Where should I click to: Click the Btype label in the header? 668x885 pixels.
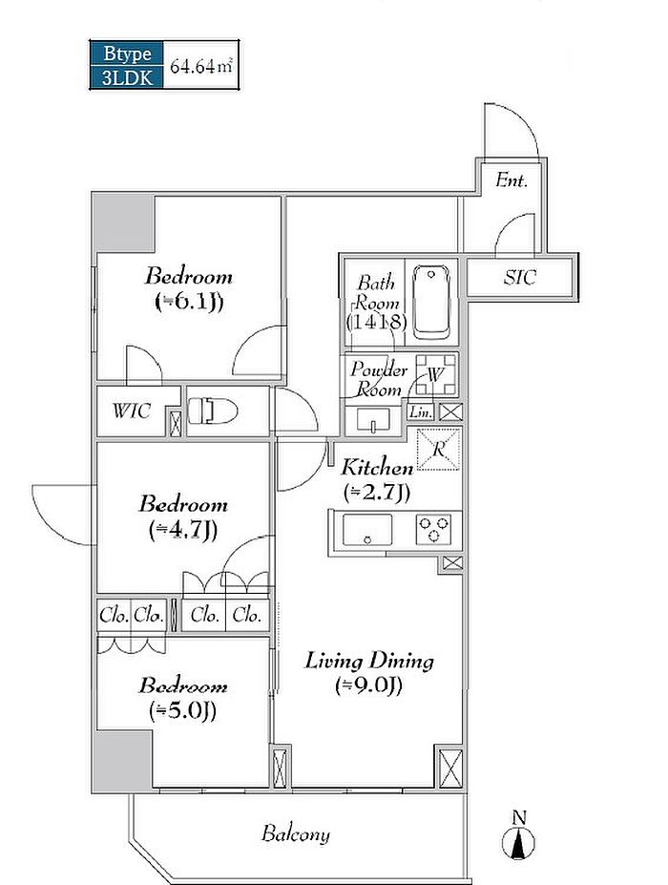tap(128, 53)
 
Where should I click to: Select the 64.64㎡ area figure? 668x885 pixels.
tap(200, 66)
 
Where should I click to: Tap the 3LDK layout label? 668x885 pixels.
tap(128, 77)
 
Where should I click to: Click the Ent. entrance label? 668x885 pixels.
tap(511, 180)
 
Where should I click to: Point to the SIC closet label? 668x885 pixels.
tap(520, 278)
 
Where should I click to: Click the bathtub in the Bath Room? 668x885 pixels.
tap(431, 302)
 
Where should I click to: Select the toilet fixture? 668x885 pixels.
tap(212, 411)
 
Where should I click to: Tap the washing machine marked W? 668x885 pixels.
tap(435, 374)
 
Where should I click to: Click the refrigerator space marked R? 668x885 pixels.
tap(438, 450)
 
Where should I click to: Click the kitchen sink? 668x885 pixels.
tap(367, 530)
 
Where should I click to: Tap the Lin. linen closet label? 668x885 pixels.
tap(421, 412)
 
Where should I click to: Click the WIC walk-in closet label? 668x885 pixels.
tap(132, 411)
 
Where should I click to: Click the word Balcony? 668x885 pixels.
tap(296, 834)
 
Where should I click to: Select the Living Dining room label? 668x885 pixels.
tap(369, 661)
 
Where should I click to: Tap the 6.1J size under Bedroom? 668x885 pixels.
tap(189, 302)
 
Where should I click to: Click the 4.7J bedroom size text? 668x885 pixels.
tap(183, 530)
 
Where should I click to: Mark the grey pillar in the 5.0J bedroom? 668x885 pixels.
tap(123, 762)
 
